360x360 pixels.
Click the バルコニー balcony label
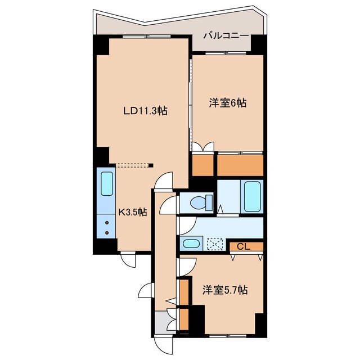pos(226,36)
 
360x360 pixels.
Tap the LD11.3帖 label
pos(145,111)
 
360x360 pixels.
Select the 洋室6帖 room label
pos(228,103)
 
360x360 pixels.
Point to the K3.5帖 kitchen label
pos(133,213)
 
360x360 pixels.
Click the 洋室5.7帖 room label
pos(225,290)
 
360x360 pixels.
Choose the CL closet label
pos(243,247)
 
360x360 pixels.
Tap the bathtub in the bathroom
pos(252,196)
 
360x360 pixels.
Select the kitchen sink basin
pos(107,184)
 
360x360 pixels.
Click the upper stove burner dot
pos(107,223)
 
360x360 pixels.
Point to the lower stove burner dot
pos(107,232)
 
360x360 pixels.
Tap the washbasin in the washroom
pos(191,244)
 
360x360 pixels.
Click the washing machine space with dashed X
pos(215,244)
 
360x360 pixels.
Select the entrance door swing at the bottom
pos(163,344)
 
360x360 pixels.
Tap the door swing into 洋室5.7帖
pos(187,267)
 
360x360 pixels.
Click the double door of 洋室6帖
pos(203,147)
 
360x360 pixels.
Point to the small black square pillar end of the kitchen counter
pos(151,165)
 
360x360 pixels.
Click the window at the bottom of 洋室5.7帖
pos(228,336)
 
